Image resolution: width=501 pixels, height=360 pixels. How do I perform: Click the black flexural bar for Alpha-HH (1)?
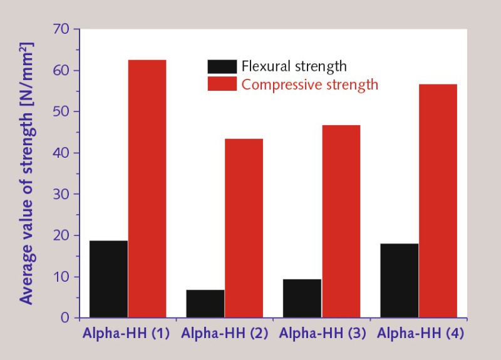pyautogui.click(x=108, y=279)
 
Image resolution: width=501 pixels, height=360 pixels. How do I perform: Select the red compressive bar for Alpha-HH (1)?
pyautogui.click(x=147, y=188)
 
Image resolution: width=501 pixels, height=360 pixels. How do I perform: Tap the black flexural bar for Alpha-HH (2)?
pyautogui.click(x=205, y=304)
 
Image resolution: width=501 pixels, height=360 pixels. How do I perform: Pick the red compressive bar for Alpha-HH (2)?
pyautogui.click(x=244, y=228)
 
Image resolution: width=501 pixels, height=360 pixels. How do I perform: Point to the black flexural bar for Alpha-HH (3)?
pyautogui.click(x=302, y=298)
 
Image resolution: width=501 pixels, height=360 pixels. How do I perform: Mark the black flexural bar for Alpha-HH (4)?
pyautogui.click(x=399, y=280)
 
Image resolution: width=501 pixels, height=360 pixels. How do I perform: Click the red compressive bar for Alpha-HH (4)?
pyautogui.click(x=438, y=200)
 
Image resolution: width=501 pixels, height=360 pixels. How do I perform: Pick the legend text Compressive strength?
pyautogui.click(x=310, y=84)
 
